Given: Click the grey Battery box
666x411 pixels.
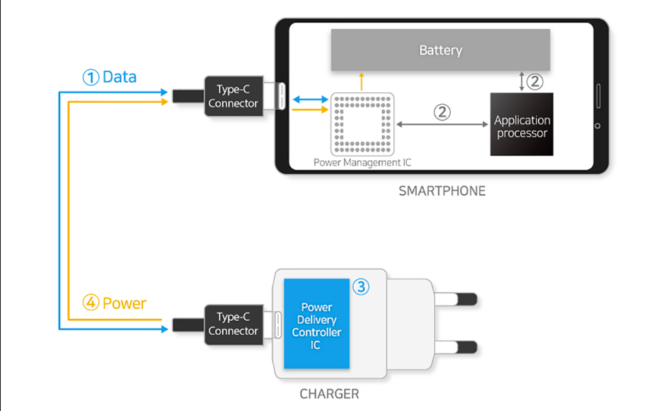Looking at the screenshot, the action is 440,50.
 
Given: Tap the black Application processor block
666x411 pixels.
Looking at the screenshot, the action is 522,124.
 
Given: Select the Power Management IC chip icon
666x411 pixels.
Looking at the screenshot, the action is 362,124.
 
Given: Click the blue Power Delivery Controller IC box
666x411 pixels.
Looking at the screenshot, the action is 316,323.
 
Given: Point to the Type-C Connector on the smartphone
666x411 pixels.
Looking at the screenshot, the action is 233,96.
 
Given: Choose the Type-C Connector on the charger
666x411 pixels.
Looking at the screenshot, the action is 233,325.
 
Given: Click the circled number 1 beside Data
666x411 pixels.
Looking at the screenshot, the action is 91,77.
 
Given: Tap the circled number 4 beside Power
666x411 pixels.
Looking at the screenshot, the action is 91,303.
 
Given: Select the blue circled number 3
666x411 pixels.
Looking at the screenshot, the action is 361,287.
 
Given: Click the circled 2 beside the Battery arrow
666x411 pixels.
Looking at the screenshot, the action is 535,81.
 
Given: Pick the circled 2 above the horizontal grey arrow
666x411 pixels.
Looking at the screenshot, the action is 442,113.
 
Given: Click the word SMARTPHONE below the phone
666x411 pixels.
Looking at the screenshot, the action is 442,191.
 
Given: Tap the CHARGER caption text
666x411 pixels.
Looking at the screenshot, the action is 329,394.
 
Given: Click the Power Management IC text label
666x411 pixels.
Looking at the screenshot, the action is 362,162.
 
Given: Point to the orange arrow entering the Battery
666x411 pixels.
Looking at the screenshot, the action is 362,81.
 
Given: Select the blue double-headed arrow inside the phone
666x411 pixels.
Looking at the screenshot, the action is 311,99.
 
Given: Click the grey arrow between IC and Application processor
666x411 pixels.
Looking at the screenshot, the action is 442,124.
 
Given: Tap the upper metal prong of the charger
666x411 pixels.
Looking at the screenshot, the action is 456,299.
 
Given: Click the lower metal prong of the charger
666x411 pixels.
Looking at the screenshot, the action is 456,347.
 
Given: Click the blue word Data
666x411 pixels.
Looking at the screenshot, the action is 120,77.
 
